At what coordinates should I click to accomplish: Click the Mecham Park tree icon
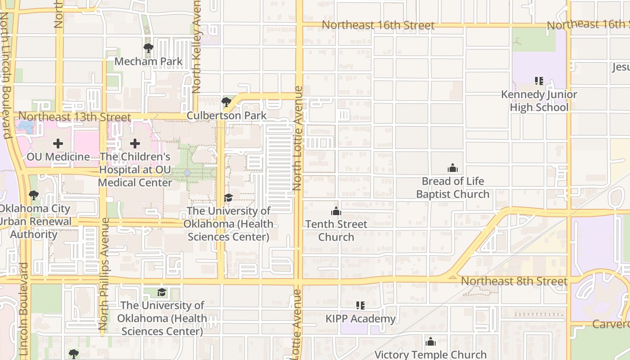pos(148,48)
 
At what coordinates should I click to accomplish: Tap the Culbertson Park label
pos(226,116)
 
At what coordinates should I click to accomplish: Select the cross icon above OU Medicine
pos(58,144)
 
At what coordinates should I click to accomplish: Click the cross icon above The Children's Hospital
pos(135,144)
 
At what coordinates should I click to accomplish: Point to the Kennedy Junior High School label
pos(539,101)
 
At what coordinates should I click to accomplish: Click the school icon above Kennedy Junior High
pos(539,81)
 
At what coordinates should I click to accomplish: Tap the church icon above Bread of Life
pos(452,168)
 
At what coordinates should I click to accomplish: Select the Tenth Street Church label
pos(336,230)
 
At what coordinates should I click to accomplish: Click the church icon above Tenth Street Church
pos(336,211)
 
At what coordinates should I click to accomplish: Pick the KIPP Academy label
pos(360,319)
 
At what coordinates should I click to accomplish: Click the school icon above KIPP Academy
pos(360,306)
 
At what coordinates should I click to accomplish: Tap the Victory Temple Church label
pos(430,355)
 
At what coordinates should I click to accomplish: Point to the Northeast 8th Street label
pos(514,281)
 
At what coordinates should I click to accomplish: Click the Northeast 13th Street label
pos(75,117)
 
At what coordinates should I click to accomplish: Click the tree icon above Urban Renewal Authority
pos(33,195)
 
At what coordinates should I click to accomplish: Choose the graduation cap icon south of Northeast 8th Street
pos(162,292)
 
